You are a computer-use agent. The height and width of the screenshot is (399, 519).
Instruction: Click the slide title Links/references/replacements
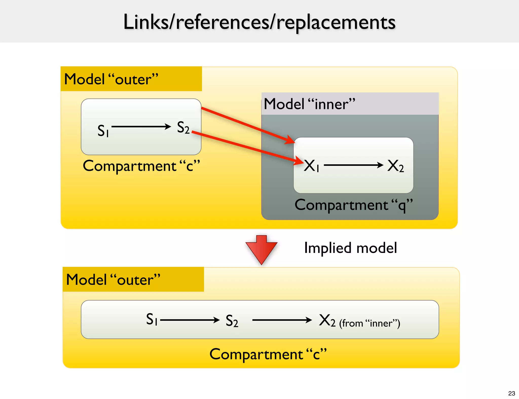tap(259, 22)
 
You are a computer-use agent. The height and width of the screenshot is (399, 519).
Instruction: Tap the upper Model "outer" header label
tap(111, 79)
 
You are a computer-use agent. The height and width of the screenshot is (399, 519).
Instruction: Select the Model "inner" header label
tap(309, 104)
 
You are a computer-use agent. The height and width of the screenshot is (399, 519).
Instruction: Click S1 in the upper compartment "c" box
tap(103, 131)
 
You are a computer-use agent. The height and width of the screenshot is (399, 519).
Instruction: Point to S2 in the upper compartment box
tap(183, 127)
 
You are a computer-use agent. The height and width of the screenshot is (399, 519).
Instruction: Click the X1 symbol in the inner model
tap(311, 166)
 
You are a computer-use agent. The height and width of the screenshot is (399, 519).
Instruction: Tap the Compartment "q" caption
tap(354, 205)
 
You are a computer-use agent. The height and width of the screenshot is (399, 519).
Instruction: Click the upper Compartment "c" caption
tap(141, 166)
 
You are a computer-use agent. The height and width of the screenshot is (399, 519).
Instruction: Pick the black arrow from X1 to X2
tap(354, 165)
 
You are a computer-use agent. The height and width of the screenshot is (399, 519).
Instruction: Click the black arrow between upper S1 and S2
tap(141, 126)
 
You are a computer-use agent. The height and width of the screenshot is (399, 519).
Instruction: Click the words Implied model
tap(350, 248)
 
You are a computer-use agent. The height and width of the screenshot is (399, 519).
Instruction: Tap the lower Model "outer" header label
tap(113, 280)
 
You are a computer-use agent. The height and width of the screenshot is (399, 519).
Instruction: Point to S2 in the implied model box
tap(232, 321)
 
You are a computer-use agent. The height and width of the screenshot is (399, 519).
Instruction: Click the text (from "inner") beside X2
tap(369, 323)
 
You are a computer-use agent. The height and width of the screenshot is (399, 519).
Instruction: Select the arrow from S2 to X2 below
tap(282, 320)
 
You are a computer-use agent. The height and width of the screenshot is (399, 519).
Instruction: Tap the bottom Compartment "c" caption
tap(268, 354)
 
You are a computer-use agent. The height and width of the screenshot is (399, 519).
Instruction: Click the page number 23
tap(511, 393)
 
